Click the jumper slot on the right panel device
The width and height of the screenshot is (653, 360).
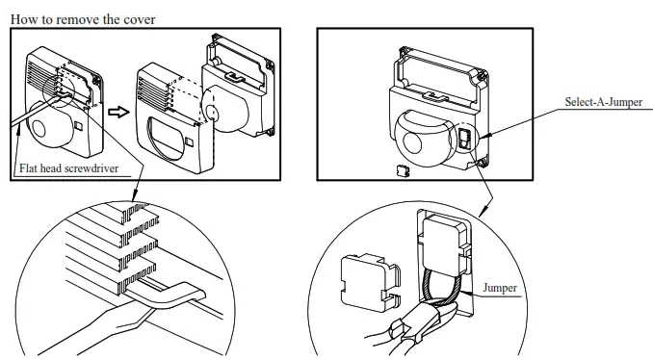coord(464,141)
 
